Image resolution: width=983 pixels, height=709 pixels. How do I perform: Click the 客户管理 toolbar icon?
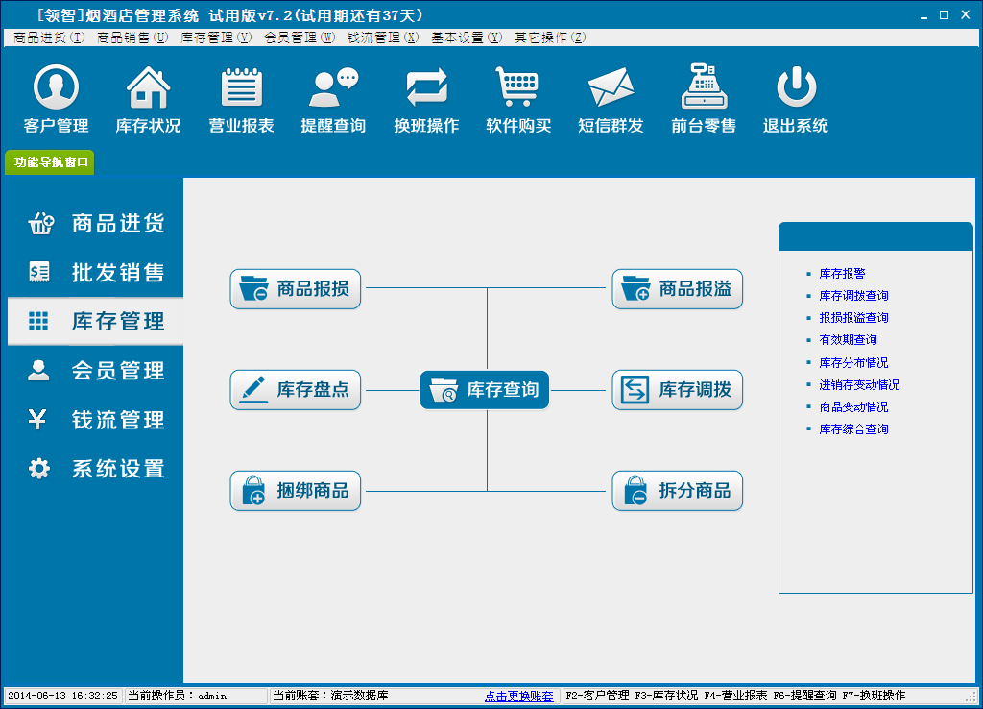56,86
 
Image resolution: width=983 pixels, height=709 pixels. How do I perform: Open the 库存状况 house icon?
149,87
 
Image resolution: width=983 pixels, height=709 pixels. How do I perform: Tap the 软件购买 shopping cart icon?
517,86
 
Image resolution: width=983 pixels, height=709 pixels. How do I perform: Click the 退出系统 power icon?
796,86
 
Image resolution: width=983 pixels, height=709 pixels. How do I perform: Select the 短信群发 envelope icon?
611,86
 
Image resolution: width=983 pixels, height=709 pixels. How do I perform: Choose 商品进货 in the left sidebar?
96,223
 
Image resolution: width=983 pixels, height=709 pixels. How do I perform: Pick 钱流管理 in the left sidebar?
96,419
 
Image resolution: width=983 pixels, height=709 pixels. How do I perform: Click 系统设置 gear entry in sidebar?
96,468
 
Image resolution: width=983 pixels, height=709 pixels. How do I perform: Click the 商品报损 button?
296,288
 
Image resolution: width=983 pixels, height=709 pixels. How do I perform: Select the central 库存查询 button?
485,390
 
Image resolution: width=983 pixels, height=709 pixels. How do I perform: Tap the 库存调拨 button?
677,390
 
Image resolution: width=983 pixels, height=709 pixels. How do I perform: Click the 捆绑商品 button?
296,491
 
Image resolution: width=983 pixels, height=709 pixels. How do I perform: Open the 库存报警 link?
842,274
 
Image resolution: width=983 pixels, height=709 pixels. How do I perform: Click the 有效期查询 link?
848,339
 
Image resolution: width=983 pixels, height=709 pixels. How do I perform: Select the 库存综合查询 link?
853,429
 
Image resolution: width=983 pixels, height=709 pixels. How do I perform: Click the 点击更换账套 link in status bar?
519,696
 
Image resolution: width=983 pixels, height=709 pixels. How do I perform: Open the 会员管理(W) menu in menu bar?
300,37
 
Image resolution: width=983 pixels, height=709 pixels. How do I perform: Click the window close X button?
966,14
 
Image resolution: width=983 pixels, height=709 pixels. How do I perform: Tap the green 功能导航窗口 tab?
50,161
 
